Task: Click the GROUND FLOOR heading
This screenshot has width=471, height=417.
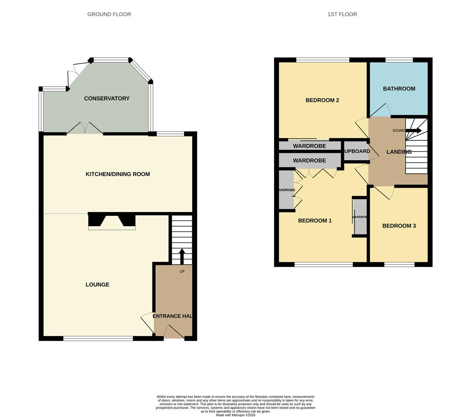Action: tap(109, 14)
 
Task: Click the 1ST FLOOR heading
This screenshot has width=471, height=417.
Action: tap(342, 14)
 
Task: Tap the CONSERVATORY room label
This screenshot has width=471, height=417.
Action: tap(107, 98)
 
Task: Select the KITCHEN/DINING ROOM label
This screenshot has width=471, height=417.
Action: tap(118, 174)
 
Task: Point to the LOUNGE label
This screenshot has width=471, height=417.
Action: tap(97, 285)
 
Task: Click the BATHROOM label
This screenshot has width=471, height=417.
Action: tap(399, 89)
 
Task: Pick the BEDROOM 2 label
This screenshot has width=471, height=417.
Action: tap(322, 100)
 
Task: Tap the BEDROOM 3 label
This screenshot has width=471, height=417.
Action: tap(399, 226)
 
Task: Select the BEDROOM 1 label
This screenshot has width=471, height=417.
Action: tap(315, 221)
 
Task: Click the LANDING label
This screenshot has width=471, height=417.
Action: tap(399, 152)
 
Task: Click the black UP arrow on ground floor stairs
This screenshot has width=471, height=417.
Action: tap(182, 256)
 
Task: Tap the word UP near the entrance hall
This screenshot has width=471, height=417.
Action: tap(182, 271)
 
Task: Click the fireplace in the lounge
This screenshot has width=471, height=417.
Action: tap(112, 221)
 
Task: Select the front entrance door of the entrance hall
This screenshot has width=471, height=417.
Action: tap(174, 332)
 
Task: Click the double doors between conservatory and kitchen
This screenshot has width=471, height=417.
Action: tap(85, 129)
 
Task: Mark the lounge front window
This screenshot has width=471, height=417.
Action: tap(98, 339)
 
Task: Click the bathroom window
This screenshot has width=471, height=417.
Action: tap(399, 60)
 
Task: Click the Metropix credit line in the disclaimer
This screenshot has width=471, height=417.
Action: tap(235, 415)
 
